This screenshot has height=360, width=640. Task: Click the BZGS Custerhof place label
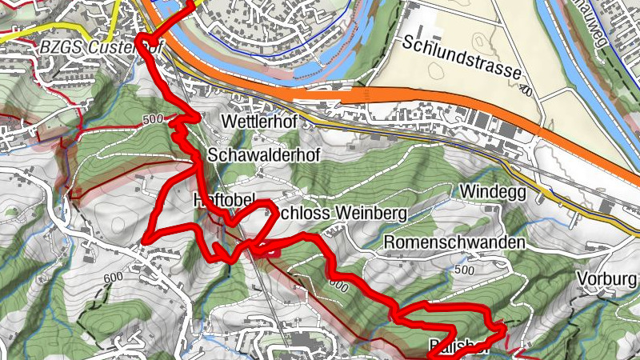click(x=100, y=47)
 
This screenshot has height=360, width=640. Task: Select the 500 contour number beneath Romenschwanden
click(x=463, y=270)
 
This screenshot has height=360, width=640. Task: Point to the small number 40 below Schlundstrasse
click(x=526, y=90)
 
